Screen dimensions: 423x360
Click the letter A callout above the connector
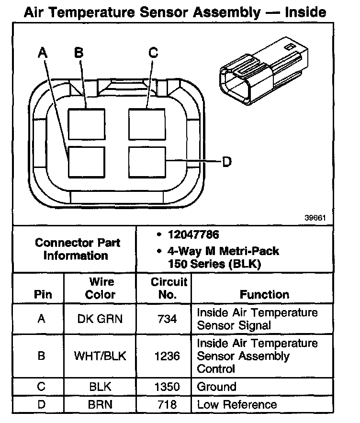[x=43, y=54]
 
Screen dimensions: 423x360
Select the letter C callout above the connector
[x=153, y=53]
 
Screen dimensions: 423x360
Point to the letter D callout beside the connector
[x=227, y=162]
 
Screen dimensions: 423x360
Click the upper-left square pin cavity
[x=86, y=124]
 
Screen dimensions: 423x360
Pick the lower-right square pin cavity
[x=147, y=162]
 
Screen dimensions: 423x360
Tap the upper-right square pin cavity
[x=147, y=124]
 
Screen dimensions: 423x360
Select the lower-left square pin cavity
[x=86, y=162]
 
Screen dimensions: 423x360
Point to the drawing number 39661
[x=315, y=217]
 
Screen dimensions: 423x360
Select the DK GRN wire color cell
[x=100, y=319]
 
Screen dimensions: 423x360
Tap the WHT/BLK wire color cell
[x=100, y=356]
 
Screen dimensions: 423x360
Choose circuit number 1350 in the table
[x=164, y=387]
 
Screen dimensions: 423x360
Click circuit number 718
[x=164, y=404]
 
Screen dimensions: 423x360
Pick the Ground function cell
[x=216, y=387]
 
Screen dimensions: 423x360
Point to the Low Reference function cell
[x=236, y=404]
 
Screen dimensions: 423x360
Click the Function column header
[x=264, y=295]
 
